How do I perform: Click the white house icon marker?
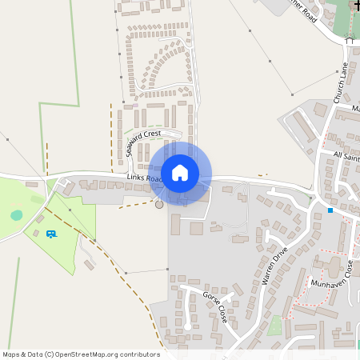[180, 172]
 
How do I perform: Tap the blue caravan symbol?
[51, 233]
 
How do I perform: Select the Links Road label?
[145, 178]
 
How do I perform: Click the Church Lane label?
[342, 82]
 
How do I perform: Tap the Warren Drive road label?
[273, 267]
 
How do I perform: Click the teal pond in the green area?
[17, 215]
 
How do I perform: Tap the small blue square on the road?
[330, 210]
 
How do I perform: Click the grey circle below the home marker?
[158, 205]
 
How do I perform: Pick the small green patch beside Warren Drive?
[275, 326]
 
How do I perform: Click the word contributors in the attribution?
[139, 354]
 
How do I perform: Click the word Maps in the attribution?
[11, 354]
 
